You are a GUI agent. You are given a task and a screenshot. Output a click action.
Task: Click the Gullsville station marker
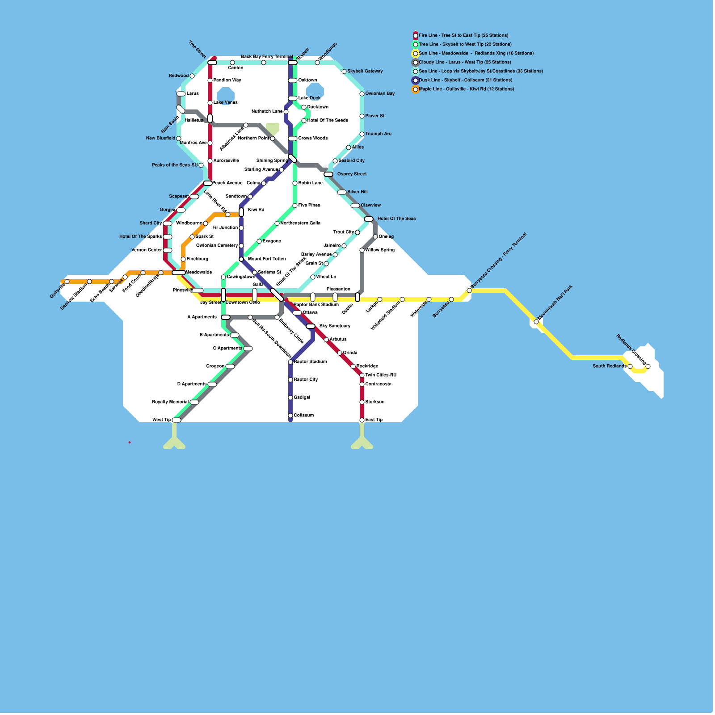click(67, 282)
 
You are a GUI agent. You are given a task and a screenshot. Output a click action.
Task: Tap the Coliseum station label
click(303, 416)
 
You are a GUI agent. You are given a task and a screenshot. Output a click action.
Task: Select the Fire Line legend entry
click(463, 35)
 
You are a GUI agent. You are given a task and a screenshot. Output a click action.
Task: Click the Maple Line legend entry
click(466, 89)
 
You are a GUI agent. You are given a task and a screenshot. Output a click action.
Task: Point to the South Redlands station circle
click(630, 366)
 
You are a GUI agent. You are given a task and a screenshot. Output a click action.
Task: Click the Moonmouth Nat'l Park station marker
click(536, 322)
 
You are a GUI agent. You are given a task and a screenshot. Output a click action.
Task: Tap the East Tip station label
click(374, 420)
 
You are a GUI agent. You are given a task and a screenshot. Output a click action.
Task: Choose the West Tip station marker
click(177, 420)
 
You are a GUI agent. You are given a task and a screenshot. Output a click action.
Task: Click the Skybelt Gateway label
click(365, 71)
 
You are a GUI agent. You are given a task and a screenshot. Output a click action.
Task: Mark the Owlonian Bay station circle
click(362, 94)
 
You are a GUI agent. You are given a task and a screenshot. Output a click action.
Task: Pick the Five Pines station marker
click(295, 206)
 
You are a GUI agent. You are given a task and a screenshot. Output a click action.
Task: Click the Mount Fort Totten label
click(267, 259)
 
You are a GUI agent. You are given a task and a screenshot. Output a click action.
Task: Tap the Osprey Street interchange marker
click(328, 174)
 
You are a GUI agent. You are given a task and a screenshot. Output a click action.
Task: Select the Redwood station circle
click(192, 76)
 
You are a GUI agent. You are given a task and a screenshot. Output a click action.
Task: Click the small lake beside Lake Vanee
click(226, 95)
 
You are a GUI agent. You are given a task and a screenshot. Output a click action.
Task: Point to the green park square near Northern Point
click(273, 128)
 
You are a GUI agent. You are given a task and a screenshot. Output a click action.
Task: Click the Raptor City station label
click(306, 380)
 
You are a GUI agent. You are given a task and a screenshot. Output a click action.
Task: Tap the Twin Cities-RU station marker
click(362, 375)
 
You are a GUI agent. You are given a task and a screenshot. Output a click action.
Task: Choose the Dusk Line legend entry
click(465, 80)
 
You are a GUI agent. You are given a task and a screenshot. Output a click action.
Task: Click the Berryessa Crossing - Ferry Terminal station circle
click(469, 290)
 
